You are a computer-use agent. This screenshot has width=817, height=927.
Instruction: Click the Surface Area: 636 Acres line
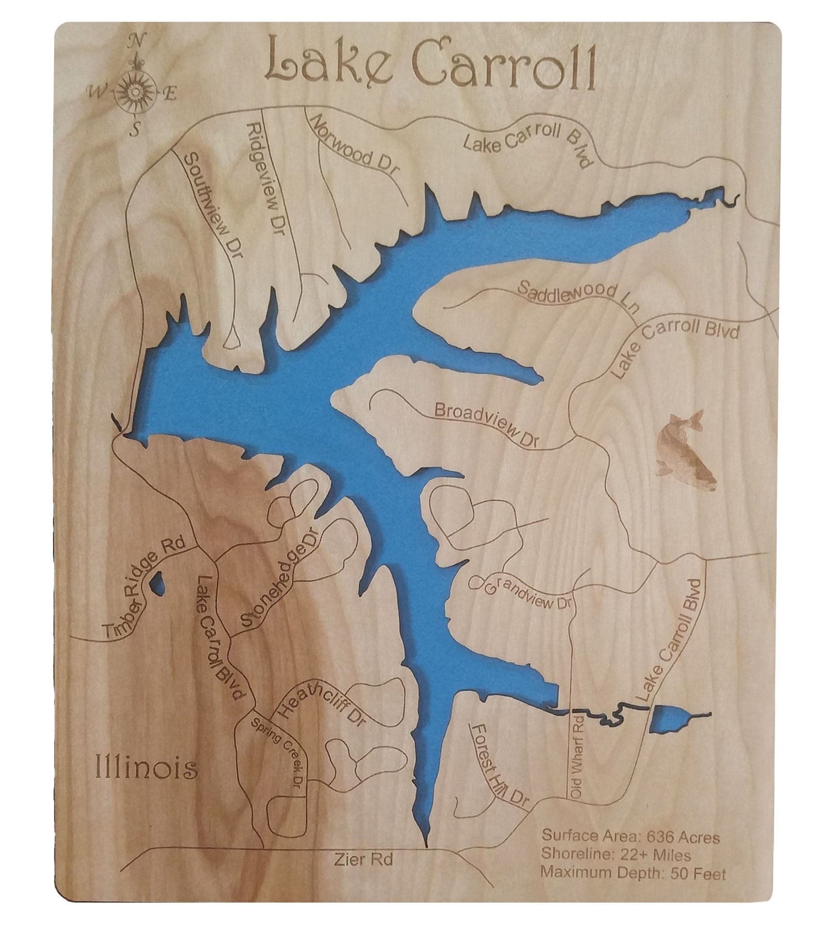point(630,837)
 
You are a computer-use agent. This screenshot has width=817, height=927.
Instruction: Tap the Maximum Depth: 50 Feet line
point(633,873)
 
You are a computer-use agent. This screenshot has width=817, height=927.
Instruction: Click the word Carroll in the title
point(504,64)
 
